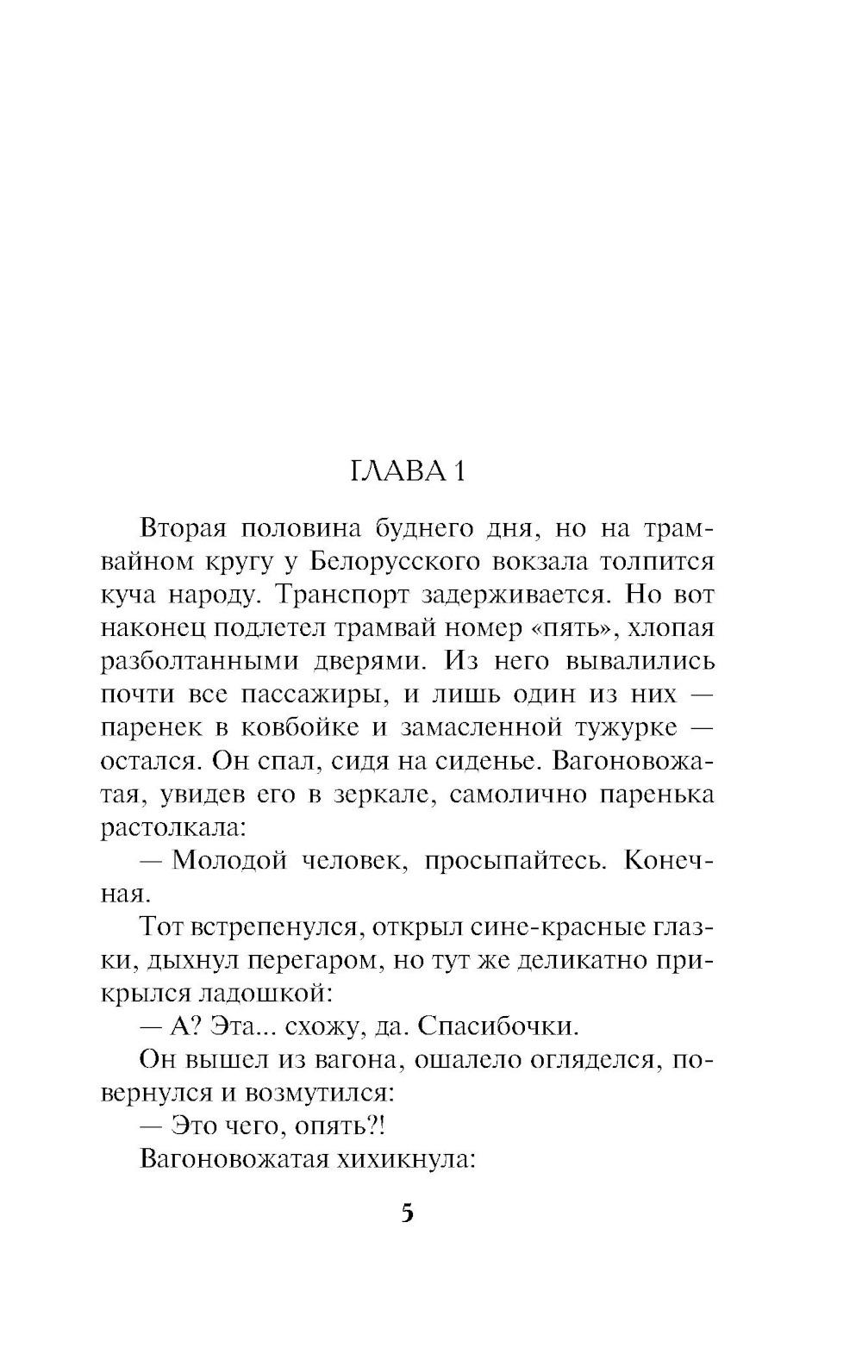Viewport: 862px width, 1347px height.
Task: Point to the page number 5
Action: pos(407,1213)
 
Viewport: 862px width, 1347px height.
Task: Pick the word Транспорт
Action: pos(331,596)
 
